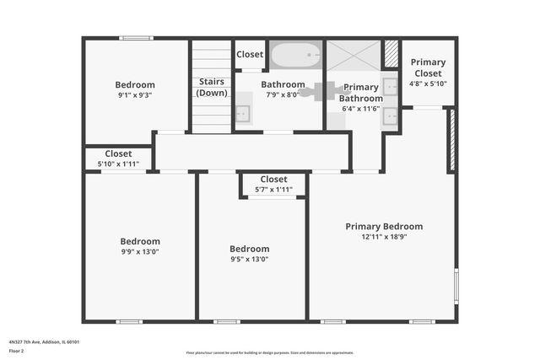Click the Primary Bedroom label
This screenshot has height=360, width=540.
pos(384,226)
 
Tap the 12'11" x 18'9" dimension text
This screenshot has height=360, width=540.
pos(384,237)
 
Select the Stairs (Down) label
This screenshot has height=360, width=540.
pos(211,87)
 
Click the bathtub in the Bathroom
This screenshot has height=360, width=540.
pos(295,56)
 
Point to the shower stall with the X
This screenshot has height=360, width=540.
pos(354,56)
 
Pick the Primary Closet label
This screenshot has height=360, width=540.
pos(428,67)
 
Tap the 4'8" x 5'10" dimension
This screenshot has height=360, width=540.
pos(428,83)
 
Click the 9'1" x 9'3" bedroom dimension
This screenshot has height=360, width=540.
pos(135,95)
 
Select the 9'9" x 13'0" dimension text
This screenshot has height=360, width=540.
pos(140,251)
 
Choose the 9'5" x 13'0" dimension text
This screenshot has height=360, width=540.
pos(250,259)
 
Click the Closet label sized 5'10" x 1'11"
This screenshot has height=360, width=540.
pos(118,153)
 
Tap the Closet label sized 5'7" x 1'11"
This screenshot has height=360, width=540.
pos(273,179)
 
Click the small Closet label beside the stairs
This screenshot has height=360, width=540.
pos(250,55)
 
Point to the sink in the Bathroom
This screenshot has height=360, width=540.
pos(243,112)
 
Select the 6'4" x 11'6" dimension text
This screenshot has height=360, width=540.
pos(361,108)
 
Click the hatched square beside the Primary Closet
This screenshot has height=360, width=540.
pos(391,55)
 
